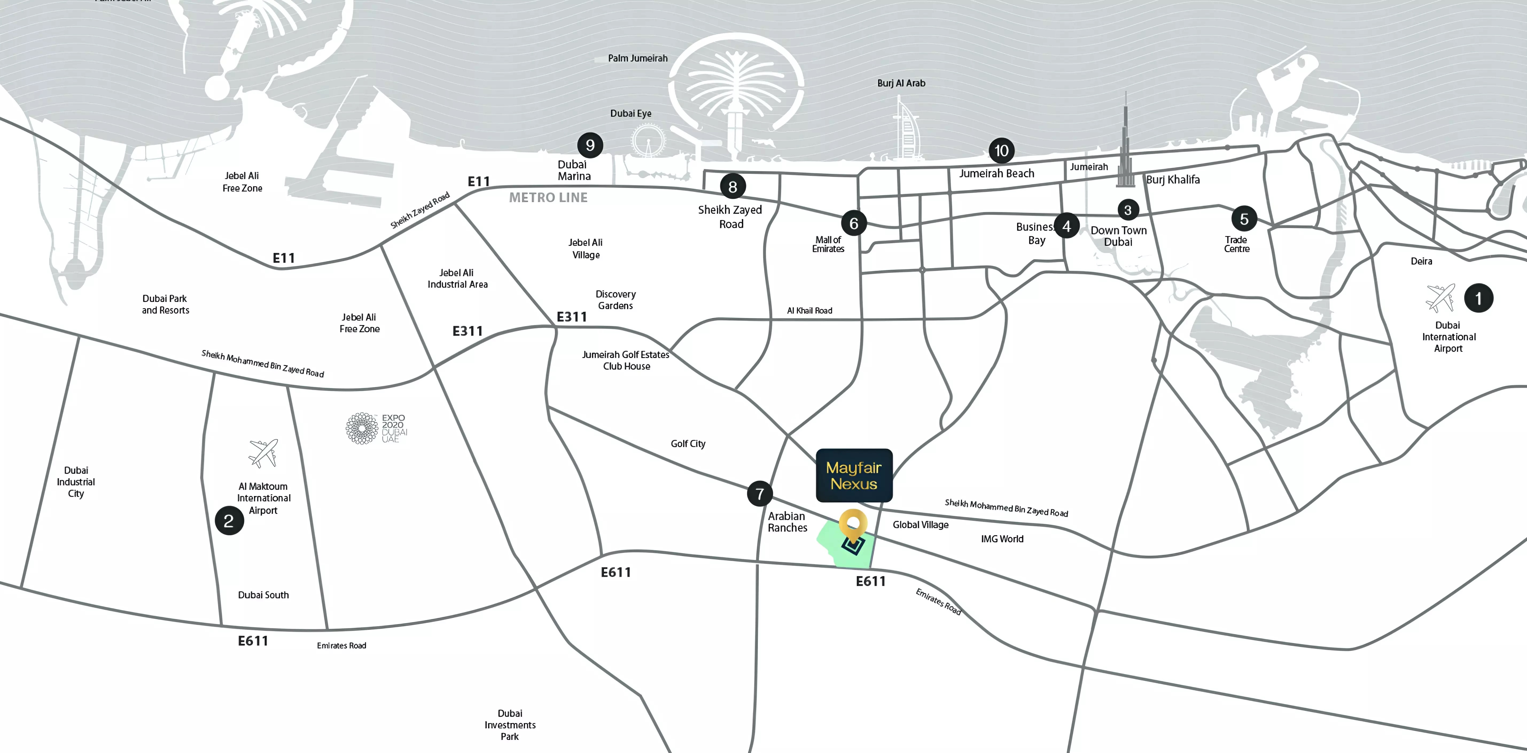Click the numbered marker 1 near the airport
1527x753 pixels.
click(1478, 298)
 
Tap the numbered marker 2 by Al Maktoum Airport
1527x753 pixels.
click(229, 521)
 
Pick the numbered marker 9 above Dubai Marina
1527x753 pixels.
click(590, 145)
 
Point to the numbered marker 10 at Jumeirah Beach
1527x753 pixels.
click(1001, 151)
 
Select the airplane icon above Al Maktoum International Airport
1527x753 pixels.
click(263, 453)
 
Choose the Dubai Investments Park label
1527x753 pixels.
click(510, 725)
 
